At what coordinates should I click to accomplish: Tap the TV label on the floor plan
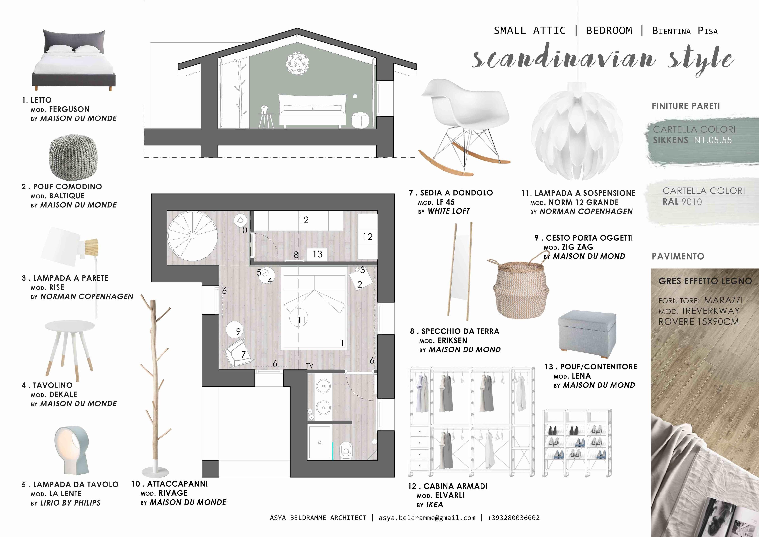(309, 365)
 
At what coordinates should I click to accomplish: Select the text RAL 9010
(682, 202)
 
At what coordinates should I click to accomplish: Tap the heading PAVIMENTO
(678, 256)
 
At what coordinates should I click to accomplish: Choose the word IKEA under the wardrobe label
(434, 505)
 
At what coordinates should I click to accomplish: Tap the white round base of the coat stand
(155, 471)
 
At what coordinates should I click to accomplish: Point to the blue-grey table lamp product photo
(71, 451)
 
